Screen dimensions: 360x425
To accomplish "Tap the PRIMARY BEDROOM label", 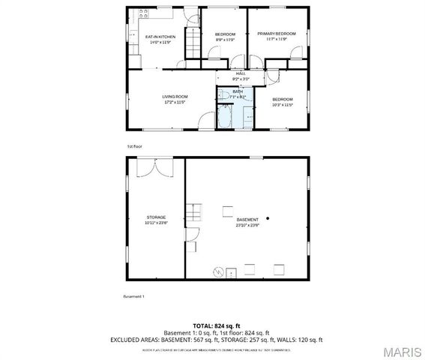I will [277, 34].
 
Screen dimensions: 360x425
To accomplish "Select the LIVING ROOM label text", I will [175, 97].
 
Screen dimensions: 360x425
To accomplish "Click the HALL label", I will [241, 73].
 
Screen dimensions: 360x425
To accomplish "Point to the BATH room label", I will [237, 91].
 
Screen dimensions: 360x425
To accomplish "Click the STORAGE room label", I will [155, 217].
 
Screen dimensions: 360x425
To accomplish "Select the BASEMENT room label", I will [247, 220].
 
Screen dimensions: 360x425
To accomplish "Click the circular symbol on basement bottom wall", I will [218, 271].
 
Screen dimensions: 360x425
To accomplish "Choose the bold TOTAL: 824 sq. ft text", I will [212, 326].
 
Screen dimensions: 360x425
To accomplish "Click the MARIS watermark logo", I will [401, 351].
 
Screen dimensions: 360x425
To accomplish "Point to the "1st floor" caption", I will [136, 146].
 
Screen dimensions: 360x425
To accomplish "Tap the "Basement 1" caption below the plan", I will [133, 296].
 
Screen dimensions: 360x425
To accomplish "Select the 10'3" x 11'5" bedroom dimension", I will [282, 104].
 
